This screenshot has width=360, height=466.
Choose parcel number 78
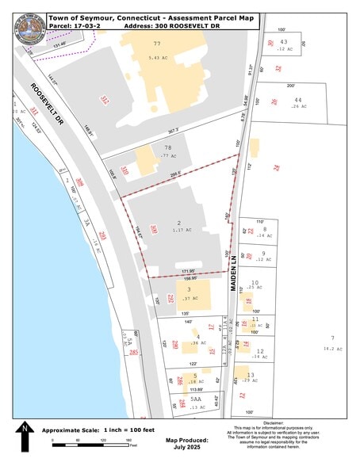[168, 147]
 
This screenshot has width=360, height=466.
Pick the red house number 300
[153, 231]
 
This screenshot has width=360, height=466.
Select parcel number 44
[297, 99]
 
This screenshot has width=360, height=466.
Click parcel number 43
[283, 41]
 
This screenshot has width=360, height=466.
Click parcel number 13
[251, 375]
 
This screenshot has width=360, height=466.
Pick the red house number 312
[104, 99]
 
